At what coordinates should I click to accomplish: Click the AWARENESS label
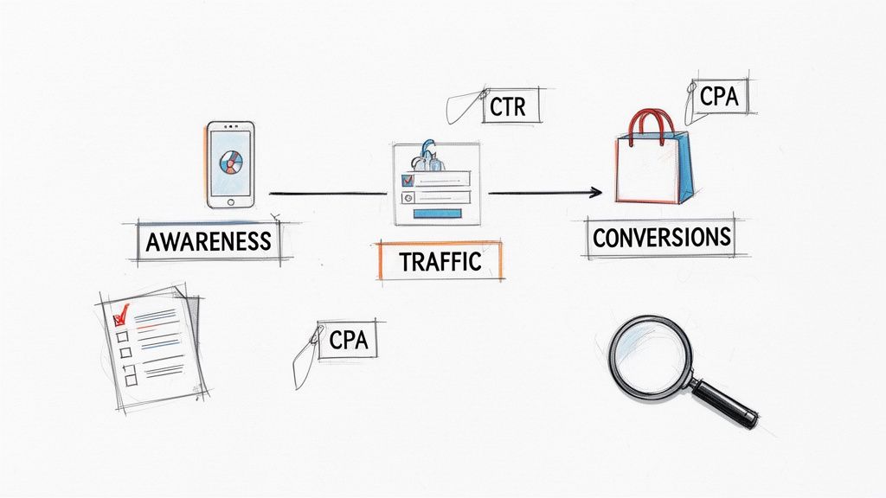click(208, 241)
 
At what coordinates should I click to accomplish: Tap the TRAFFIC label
click(440, 261)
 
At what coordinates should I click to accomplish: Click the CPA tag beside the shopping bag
click(719, 98)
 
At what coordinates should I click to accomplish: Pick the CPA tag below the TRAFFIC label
click(349, 340)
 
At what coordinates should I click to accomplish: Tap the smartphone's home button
click(230, 201)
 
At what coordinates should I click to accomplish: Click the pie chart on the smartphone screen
click(231, 162)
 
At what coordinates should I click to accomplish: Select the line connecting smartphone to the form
click(327, 193)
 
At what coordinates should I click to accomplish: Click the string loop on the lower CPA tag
click(303, 361)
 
